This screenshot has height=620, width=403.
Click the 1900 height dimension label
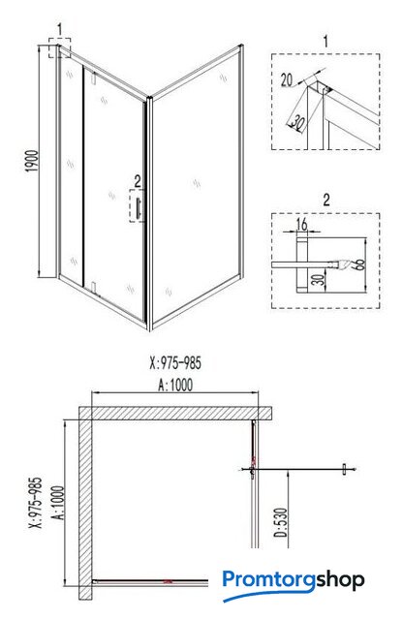click(33, 161)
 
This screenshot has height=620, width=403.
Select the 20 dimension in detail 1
click(287, 80)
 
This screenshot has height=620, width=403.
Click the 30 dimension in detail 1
click(297, 123)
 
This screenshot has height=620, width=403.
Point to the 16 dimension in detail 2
click(302, 224)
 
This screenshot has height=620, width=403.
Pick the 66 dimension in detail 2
click(359, 263)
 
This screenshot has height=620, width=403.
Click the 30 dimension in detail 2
click(320, 279)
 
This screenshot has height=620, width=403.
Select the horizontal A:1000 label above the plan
click(175, 385)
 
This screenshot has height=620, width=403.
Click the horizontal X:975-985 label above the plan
click(175, 363)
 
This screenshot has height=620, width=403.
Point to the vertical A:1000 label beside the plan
click(58, 503)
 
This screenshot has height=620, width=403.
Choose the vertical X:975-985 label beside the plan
click(36, 503)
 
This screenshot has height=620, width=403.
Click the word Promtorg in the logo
click(268, 580)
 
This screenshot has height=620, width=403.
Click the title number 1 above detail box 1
click(325, 41)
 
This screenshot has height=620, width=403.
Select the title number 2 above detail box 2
click(326, 201)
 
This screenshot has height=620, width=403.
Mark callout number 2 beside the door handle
click(138, 181)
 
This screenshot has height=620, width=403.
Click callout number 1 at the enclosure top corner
click(59, 29)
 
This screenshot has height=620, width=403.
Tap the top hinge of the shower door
click(94, 77)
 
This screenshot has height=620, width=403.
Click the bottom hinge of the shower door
click(94, 287)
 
